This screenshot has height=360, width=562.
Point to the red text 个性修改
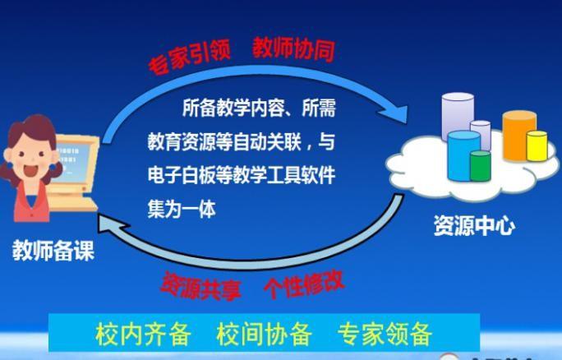(304, 284)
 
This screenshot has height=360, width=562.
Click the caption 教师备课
(53, 251)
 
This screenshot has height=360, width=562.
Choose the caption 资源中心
(475, 225)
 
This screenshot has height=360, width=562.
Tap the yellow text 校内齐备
(143, 334)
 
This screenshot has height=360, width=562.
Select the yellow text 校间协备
(264, 334)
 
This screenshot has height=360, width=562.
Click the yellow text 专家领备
(385, 334)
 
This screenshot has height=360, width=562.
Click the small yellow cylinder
(537, 146)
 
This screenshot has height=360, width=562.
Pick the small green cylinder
(481, 166)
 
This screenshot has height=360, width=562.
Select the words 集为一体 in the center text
(182, 209)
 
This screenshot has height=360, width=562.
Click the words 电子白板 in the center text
(182, 175)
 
